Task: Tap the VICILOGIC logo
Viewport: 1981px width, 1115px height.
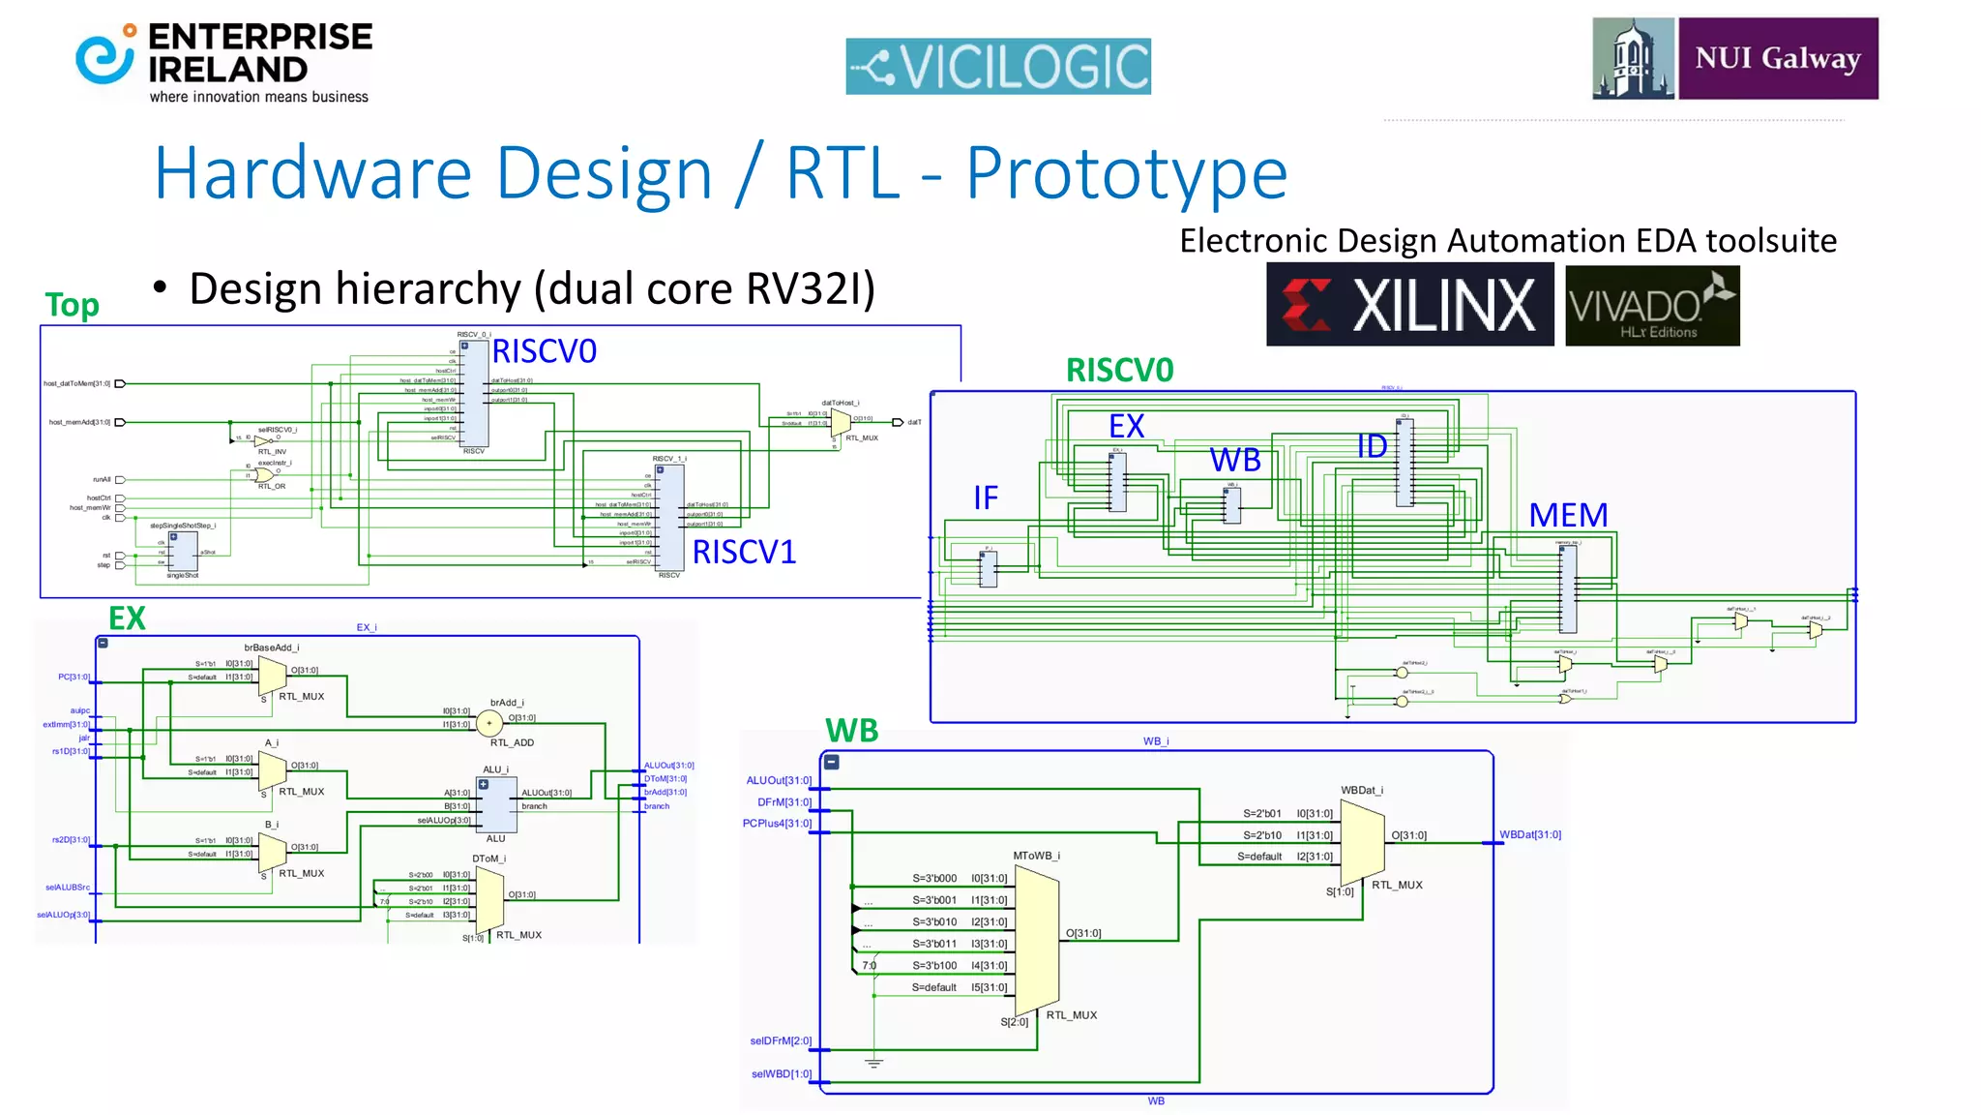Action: [x=997, y=66]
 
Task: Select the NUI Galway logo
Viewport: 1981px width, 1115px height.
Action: [x=1734, y=58]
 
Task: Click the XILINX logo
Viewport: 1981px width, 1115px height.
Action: [x=1409, y=304]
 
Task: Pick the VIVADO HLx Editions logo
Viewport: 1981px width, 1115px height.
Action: [x=1651, y=306]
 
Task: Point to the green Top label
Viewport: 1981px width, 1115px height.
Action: [x=72, y=305]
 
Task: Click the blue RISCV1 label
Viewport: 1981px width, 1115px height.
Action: [x=744, y=552]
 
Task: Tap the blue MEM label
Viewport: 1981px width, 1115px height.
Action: [x=1568, y=515]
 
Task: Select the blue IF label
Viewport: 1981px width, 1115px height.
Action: [x=985, y=497]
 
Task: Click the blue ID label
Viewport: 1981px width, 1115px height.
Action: [x=1372, y=446]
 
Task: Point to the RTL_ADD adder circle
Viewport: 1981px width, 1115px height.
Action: [x=489, y=722]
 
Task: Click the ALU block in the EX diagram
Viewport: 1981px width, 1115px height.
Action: [x=497, y=804]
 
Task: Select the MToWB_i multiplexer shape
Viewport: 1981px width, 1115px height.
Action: [x=1037, y=939]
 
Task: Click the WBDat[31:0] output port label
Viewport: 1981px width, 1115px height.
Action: [x=1529, y=834]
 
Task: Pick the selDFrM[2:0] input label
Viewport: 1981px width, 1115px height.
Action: [x=781, y=1040]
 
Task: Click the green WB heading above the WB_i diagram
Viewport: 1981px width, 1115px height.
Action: [x=851, y=730]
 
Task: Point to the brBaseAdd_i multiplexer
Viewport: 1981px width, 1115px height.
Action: [x=273, y=675]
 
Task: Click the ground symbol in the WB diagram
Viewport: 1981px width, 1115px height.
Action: [x=873, y=1063]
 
